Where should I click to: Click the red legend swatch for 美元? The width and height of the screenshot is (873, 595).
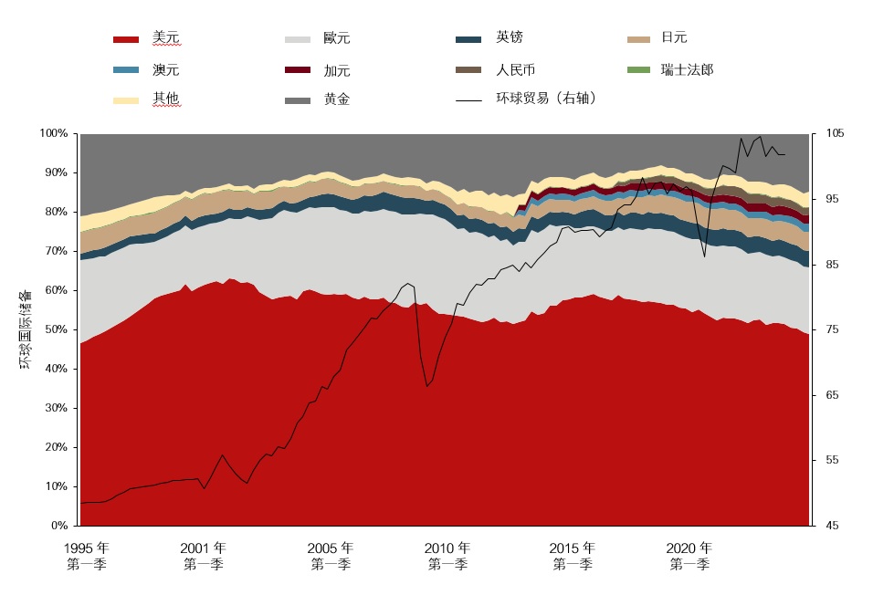click(126, 39)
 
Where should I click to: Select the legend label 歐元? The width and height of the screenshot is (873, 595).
click(337, 39)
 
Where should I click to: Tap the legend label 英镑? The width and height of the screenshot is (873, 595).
click(510, 37)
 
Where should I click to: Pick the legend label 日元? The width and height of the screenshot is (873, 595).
click(674, 37)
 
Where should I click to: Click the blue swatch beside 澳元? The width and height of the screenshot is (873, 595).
click(126, 70)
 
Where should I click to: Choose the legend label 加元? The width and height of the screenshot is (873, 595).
click(337, 70)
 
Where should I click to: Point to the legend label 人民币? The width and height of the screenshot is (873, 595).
click(515, 69)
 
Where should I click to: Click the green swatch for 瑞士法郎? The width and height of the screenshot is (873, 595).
click(639, 70)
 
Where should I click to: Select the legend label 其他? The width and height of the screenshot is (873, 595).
click(166, 99)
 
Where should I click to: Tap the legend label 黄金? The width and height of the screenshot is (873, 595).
click(337, 99)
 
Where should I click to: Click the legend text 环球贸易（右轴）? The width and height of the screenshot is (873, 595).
click(546, 99)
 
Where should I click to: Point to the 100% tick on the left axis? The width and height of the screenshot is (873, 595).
click(54, 134)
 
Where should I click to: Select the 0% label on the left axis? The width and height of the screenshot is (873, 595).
click(59, 526)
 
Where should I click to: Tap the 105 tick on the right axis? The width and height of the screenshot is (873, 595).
click(835, 134)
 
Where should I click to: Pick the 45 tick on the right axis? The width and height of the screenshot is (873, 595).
click(832, 526)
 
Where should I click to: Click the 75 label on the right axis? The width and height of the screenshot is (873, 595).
click(832, 329)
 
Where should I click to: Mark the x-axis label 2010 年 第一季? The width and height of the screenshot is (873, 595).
click(447, 556)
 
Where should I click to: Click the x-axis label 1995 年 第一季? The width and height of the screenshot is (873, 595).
click(87, 556)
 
